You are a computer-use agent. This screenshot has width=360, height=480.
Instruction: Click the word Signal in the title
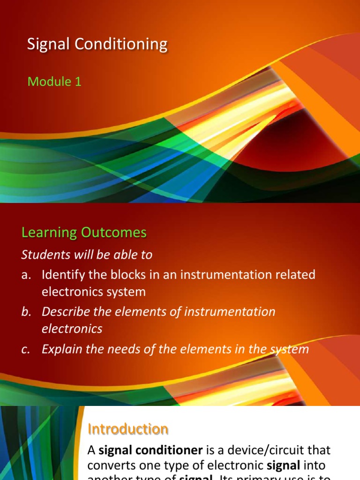(x=46, y=45)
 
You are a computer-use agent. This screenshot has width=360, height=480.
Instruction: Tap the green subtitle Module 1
(x=54, y=82)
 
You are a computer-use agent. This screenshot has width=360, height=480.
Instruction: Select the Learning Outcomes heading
(x=84, y=232)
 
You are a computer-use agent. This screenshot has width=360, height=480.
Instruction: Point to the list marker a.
(x=26, y=275)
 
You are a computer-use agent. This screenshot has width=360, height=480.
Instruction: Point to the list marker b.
(x=26, y=312)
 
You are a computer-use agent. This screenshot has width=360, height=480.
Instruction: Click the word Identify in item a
(x=60, y=275)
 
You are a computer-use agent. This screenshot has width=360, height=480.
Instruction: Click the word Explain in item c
(x=60, y=349)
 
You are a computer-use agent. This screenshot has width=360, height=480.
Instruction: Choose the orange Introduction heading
(x=128, y=429)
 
